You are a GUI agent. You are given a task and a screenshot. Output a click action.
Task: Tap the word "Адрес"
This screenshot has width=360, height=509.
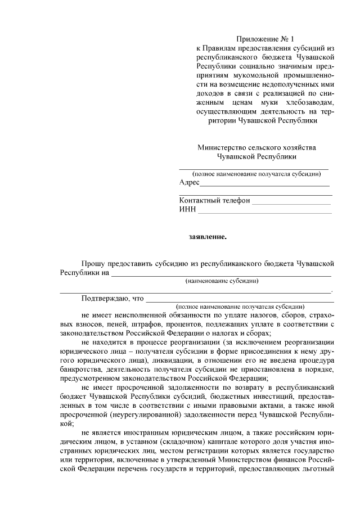190,183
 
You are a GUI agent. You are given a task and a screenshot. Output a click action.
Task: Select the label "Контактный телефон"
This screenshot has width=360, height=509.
215,200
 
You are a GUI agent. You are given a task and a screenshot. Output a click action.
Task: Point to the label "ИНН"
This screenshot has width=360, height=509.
187,209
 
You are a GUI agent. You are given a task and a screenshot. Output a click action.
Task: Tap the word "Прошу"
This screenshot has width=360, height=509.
94,263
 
